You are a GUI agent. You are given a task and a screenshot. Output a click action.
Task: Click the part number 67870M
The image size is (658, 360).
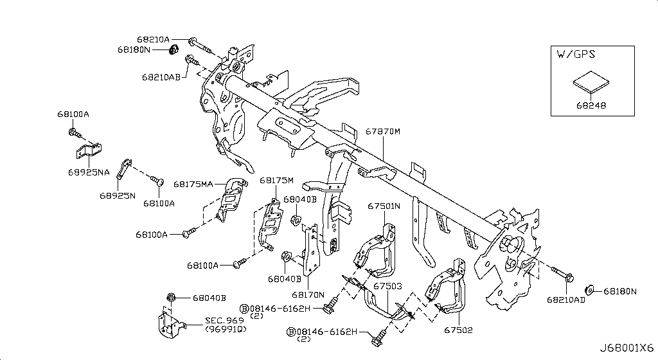pos(384,131)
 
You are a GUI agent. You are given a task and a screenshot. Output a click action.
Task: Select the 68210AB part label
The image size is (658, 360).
pos(161,76)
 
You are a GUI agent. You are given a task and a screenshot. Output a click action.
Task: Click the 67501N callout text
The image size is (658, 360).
pos(384,206)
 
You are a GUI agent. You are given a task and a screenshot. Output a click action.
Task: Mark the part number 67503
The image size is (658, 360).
pos(387,285)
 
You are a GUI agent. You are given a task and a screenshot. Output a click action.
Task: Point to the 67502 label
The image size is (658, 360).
pos(458,330)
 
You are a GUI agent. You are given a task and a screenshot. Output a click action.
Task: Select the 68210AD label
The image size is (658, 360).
pos(566,300)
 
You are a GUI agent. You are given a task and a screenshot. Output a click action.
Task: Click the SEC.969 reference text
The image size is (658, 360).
pos(226,319)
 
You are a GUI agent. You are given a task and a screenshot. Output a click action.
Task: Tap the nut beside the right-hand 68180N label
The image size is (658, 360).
pos(591,291)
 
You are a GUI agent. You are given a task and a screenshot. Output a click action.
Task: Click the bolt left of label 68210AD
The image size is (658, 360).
pos(564,275)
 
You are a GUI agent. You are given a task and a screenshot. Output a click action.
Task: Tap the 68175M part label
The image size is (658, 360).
pos(276,181)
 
